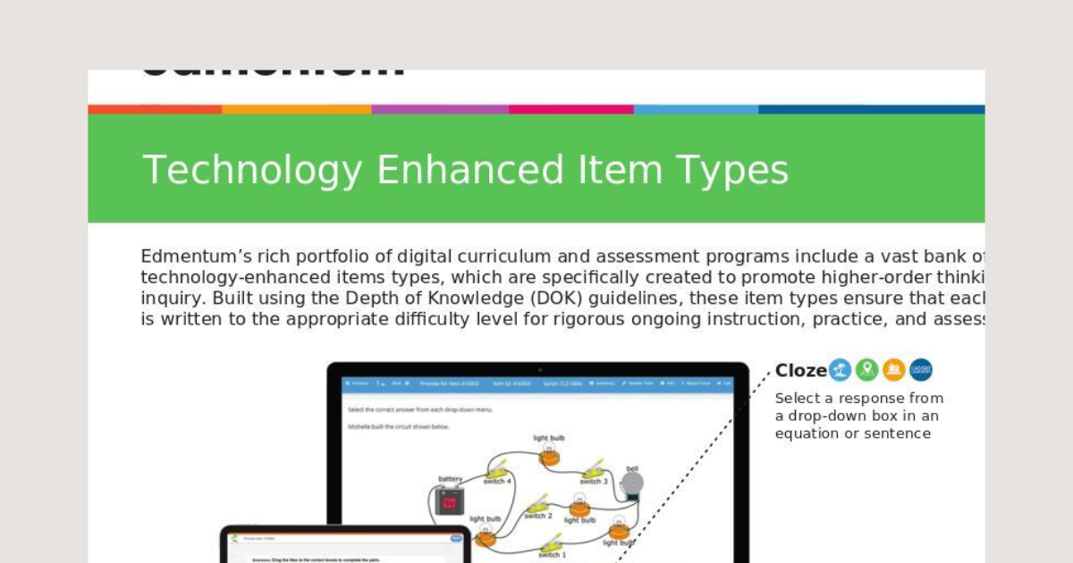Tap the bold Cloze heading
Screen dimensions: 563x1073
pyautogui.click(x=800, y=370)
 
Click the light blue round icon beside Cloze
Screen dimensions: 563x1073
pyautogui.click(x=840, y=370)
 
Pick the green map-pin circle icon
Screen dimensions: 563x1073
pyautogui.click(x=866, y=370)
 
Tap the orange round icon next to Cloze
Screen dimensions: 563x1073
pyautogui.click(x=893, y=370)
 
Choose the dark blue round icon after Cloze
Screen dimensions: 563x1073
pyautogui.click(x=920, y=370)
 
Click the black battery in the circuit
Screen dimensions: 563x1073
pyautogui.click(x=450, y=501)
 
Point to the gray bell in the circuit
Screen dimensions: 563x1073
pyautogui.click(x=632, y=483)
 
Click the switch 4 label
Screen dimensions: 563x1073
pyautogui.click(x=497, y=482)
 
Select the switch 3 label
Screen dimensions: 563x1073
pyautogui.click(x=593, y=482)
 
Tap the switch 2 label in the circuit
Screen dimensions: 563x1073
pyautogui.click(x=538, y=516)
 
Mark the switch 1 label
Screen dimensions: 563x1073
pyautogui.click(x=552, y=555)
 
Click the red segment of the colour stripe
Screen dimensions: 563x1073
pyautogui.click(x=155, y=109)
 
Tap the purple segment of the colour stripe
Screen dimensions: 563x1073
pyautogui.click(x=440, y=109)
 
